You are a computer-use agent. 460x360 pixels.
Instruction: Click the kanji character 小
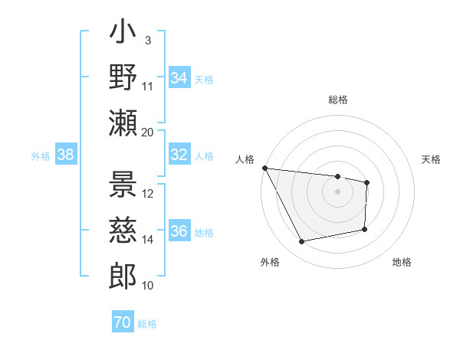[x=123, y=34]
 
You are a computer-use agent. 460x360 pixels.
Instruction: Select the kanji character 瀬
[x=123, y=123]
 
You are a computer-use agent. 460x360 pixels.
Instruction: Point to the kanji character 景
[x=123, y=186]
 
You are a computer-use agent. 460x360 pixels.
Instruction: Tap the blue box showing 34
[x=179, y=77]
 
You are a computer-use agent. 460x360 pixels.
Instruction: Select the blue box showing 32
[x=179, y=155]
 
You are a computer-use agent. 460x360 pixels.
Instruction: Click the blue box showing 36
[x=179, y=231]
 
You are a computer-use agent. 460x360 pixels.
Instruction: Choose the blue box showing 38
[x=66, y=155]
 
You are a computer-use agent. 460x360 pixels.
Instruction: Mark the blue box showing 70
[x=123, y=322]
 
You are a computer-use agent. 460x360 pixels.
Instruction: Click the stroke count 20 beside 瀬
[x=148, y=131]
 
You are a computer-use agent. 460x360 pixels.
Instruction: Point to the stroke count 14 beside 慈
[x=148, y=240]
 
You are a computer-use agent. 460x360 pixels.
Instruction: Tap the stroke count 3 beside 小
[x=147, y=40]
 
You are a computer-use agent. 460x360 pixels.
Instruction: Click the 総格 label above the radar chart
[x=338, y=100]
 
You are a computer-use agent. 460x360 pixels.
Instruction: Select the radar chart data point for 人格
[x=264, y=168]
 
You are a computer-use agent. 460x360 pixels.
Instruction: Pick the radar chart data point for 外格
[x=302, y=242]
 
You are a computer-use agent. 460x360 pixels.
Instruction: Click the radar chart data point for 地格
[x=365, y=229]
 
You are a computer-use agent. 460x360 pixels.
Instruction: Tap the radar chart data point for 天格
[x=367, y=182]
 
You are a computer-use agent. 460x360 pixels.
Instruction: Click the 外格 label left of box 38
[x=41, y=155]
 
